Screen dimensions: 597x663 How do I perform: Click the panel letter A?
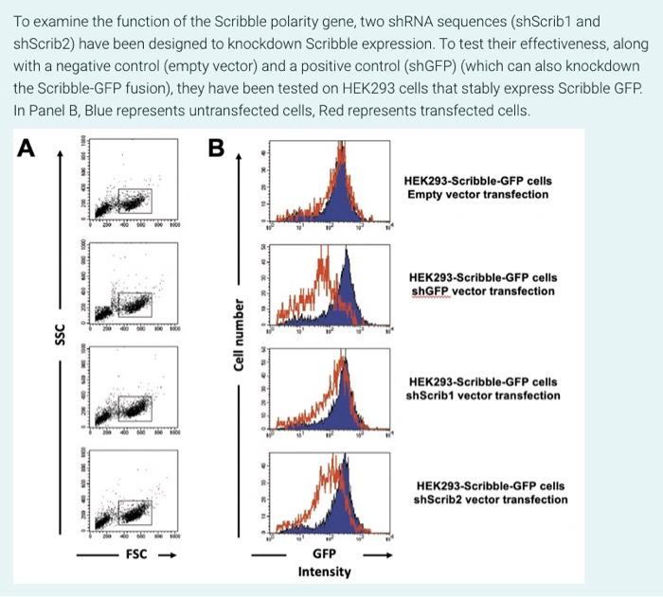tap(26, 148)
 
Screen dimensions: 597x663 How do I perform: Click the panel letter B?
tap(217, 148)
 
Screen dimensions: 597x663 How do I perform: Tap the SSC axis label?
tap(59, 335)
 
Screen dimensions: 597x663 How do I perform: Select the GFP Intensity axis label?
tap(324, 562)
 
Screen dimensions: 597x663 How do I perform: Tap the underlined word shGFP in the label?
tap(432, 291)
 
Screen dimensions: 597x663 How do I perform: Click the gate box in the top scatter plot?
tap(135, 201)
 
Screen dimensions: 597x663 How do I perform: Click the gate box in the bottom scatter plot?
tap(134, 511)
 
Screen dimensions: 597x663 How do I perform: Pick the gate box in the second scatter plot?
tap(134, 304)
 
